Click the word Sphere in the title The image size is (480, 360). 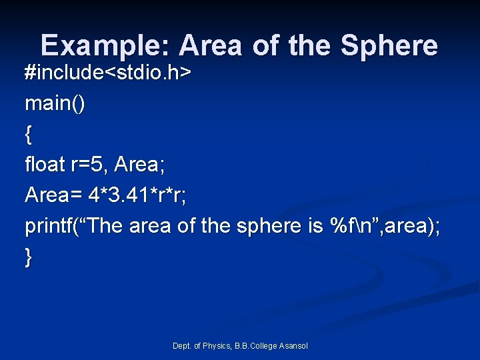coord(389,46)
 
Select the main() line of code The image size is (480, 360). coord(55,103)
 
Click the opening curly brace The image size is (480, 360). coord(28,134)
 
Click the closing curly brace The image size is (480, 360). coord(28,257)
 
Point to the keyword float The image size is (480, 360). coord(44,164)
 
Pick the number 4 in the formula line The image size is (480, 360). coord(94,195)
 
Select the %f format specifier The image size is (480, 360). coord(341,226)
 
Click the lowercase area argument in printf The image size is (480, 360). coord(404,226)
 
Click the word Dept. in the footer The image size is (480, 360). coord(182,345)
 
